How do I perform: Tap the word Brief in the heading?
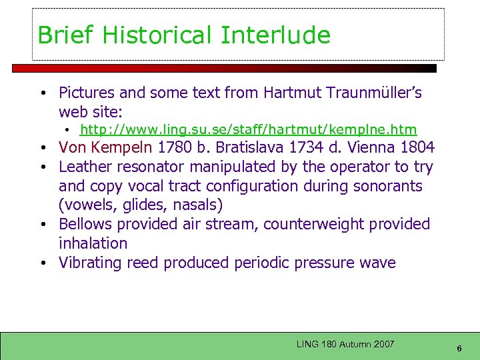[61, 35]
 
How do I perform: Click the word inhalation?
[93, 244]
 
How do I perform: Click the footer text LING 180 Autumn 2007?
[345, 344]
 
